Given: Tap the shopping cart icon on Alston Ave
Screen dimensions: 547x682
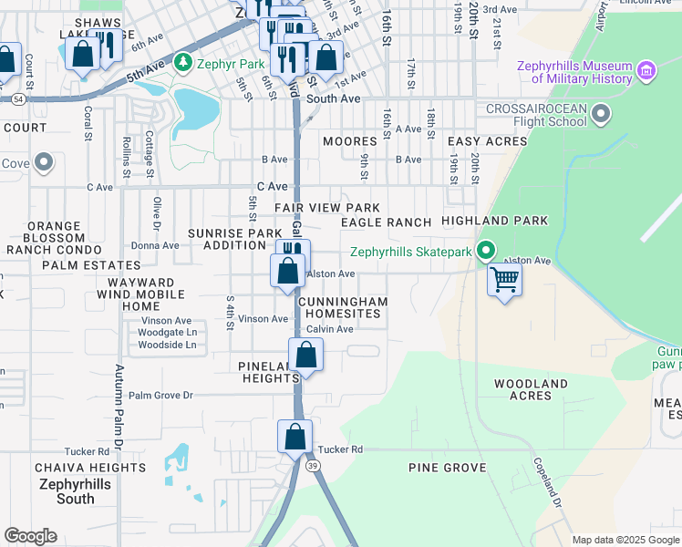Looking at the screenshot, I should [x=504, y=279].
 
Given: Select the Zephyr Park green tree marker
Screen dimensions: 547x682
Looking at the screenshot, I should [x=183, y=63].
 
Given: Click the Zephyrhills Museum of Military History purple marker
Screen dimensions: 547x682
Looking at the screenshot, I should [x=646, y=70].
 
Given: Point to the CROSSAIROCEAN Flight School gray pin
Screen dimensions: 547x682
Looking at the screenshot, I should [x=601, y=115].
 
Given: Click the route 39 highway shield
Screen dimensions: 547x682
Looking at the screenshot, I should [x=314, y=465].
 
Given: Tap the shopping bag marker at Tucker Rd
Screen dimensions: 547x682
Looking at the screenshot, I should [x=295, y=437].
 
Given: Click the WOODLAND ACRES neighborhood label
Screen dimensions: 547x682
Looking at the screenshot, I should [x=531, y=390].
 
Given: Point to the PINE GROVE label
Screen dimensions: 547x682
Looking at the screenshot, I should [x=447, y=468].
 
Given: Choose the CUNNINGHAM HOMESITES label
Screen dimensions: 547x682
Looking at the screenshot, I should [x=342, y=307].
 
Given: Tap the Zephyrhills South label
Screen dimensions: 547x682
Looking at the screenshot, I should [x=75, y=491].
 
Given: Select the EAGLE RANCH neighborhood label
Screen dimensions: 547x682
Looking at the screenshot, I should [x=386, y=222].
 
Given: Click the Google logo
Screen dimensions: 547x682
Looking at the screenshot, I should [x=30, y=536].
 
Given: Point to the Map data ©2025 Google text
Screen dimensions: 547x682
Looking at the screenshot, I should [x=625, y=540].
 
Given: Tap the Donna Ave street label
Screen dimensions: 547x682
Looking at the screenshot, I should [x=155, y=245].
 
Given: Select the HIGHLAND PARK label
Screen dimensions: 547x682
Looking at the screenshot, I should [x=494, y=221].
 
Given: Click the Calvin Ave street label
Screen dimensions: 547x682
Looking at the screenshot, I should [x=329, y=329].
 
